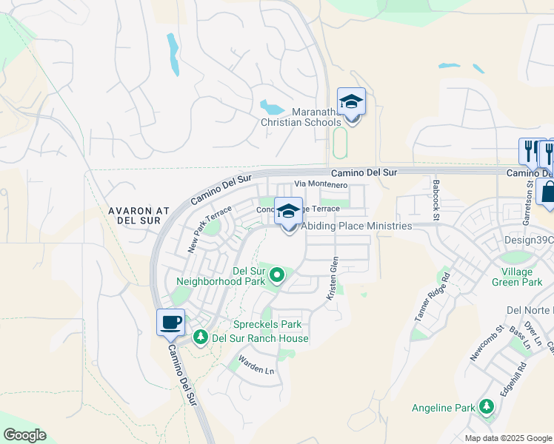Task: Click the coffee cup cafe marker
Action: (x=170, y=323)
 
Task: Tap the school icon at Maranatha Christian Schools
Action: (x=351, y=102)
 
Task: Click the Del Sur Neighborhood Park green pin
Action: (x=277, y=276)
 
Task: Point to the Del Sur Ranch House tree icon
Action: (x=200, y=338)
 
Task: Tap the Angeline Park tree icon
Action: (x=486, y=407)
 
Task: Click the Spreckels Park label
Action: (x=267, y=324)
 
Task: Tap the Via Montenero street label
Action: (x=321, y=184)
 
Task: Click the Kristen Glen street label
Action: (x=333, y=278)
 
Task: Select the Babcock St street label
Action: (x=436, y=200)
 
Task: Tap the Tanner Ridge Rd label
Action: (x=433, y=296)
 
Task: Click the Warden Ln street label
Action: (x=256, y=366)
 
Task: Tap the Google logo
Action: (x=24, y=435)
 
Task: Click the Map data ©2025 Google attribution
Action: (x=508, y=438)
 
